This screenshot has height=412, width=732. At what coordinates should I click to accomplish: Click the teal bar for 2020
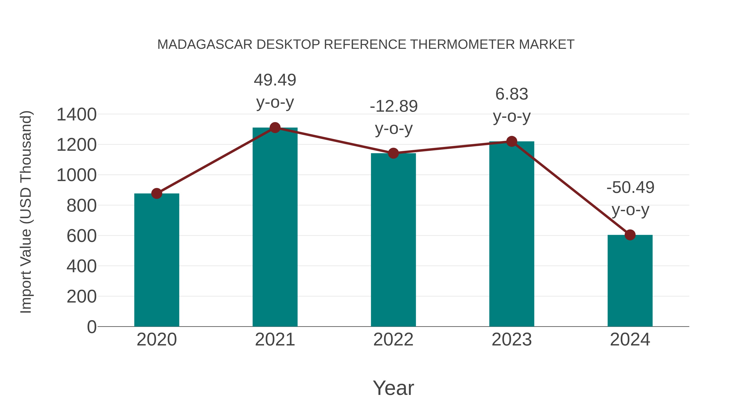pyautogui.click(x=157, y=260)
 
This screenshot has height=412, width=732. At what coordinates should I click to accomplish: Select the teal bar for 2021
pyautogui.click(x=275, y=227)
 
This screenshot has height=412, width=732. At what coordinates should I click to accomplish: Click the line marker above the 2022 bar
pyautogui.click(x=393, y=153)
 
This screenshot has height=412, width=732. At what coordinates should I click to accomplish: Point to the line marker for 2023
pyautogui.click(x=512, y=141)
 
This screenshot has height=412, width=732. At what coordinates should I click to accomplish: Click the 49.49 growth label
pyautogui.click(x=275, y=80)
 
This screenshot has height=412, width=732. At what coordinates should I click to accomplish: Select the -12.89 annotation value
pyautogui.click(x=394, y=106)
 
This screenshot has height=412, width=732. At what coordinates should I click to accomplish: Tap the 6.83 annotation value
pyautogui.click(x=512, y=94)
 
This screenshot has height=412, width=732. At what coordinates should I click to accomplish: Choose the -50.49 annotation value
pyautogui.click(x=630, y=187)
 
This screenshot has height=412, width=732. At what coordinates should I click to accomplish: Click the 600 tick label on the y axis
pyautogui.click(x=82, y=236)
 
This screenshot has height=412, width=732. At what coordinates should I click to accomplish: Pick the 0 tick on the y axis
pyautogui.click(x=91, y=327)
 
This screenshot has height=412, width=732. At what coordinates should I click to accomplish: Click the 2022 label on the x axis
pyautogui.click(x=393, y=340)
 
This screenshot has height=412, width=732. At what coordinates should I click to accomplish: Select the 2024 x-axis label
pyautogui.click(x=630, y=340)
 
